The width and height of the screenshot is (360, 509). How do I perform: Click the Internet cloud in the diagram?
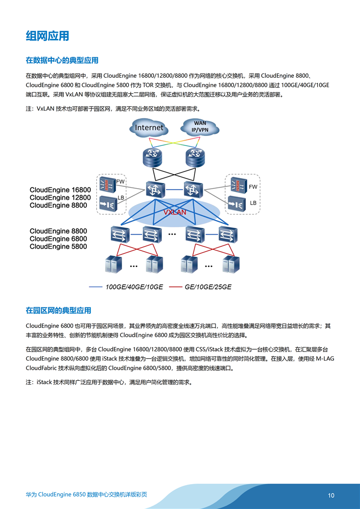(x=149, y=128)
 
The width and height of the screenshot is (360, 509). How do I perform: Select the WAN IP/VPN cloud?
(x=200, y=127)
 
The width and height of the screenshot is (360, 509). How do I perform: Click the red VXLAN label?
(x=175, y=212)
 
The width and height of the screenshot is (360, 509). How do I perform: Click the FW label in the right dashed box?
(x=253, y=187)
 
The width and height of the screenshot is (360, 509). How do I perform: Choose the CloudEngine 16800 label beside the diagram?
(x=60, y=190)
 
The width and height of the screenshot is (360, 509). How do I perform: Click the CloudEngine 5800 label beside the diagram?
(x=58, y=247)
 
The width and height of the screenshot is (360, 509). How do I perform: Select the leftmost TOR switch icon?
(x=119, y=234)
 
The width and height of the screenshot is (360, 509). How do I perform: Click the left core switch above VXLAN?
(x=155, y=189)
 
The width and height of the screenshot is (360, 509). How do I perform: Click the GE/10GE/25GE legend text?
(x=208, y=287)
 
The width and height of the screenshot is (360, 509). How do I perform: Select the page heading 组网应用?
(x=47, y=36)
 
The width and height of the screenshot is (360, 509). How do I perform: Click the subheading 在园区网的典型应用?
(x=58, y=310)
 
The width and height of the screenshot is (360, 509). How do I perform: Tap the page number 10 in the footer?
(x=331, y=496)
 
